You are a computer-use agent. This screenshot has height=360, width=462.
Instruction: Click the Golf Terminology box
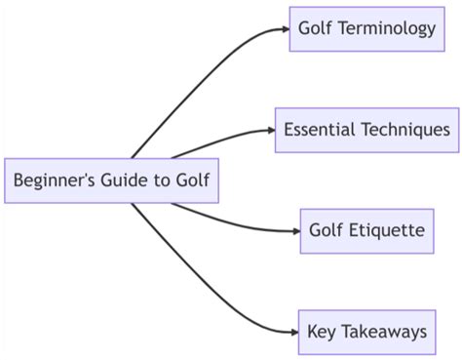366,28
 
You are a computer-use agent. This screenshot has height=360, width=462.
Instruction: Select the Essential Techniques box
366,129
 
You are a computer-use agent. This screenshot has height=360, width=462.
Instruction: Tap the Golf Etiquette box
366,231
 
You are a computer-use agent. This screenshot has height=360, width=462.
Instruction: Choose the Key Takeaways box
366,332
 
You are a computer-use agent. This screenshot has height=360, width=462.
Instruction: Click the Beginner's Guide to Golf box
110,180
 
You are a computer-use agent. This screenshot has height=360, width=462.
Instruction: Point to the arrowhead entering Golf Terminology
285,28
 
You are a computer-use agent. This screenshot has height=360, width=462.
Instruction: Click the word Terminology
389,28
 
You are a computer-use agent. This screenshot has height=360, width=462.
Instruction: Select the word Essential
319,129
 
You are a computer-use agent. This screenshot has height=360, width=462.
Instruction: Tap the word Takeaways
384,332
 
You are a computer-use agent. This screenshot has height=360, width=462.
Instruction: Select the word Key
322,332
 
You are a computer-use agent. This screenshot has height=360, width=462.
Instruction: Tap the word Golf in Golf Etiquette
327,231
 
